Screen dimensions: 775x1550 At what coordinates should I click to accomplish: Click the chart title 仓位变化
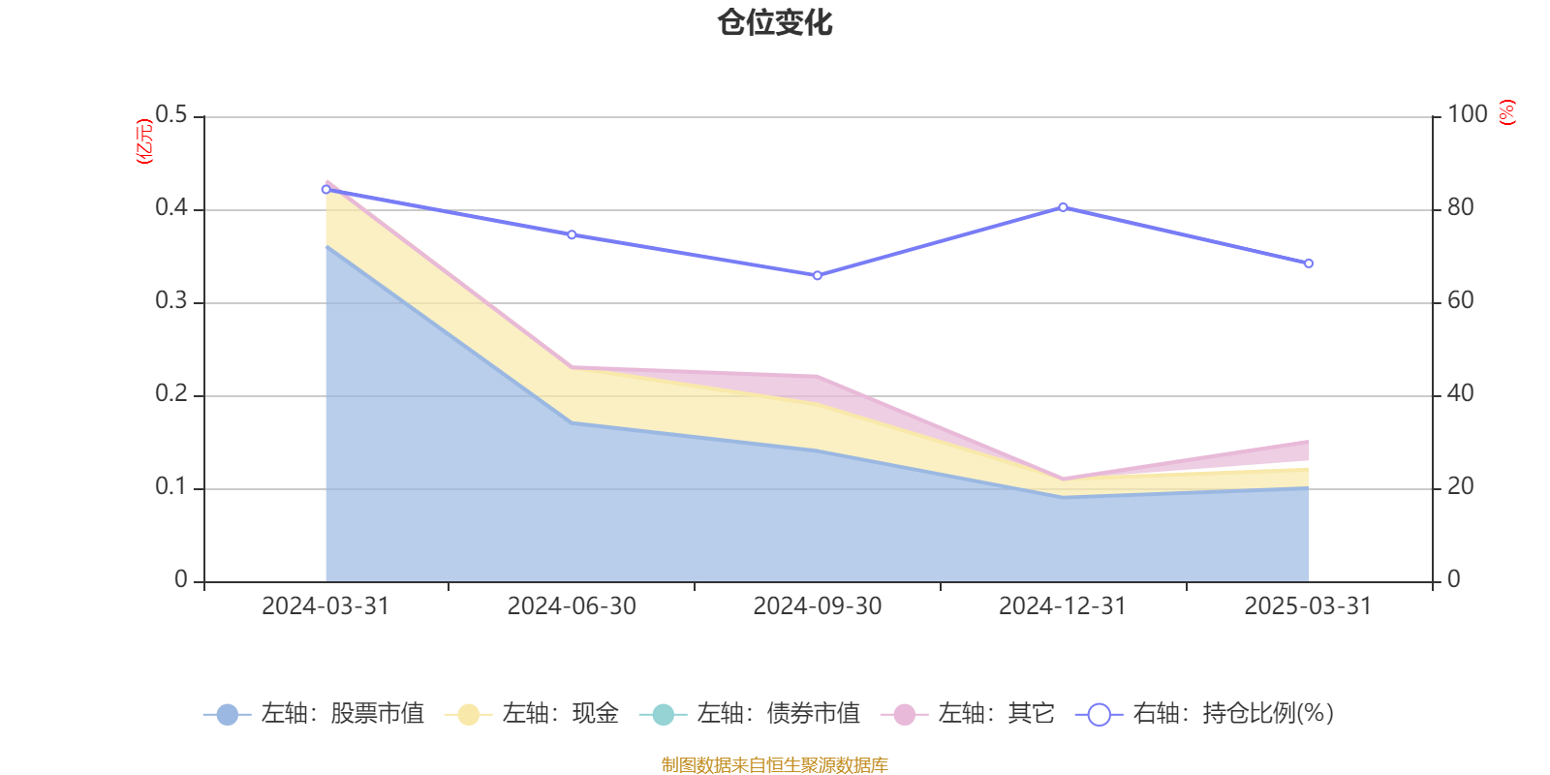(775, 22)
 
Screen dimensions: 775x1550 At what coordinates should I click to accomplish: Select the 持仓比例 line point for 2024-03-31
(325, 189)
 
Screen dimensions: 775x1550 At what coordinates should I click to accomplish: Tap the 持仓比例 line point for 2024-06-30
(572, 234)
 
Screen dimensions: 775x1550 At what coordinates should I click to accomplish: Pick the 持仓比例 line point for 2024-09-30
(818, 276)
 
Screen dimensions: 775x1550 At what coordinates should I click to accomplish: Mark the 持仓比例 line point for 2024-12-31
(1063, 207)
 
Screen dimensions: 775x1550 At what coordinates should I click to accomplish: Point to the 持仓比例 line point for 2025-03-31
(1309, 263)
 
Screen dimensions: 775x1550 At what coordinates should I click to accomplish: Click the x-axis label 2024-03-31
(325, 606)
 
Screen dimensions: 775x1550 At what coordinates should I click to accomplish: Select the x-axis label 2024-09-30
(818, 606)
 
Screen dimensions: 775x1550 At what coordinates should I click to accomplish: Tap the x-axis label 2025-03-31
(1308, 606)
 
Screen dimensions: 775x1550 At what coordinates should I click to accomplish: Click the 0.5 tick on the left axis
(171, 115)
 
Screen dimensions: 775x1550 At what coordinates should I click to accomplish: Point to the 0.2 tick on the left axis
(171, 393)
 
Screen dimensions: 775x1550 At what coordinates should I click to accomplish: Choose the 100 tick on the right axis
(1468, 114)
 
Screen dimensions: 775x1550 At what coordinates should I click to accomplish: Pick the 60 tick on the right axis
(1461, 300)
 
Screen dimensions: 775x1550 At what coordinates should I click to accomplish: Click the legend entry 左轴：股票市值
(314, 714)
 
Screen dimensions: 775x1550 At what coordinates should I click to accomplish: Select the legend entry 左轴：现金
(532, 714)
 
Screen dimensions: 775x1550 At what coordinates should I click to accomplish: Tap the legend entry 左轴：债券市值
(750, 714)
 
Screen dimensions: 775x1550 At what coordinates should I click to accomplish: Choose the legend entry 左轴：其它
(968, 714)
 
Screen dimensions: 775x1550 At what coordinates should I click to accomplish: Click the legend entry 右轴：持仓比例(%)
(1205, 714)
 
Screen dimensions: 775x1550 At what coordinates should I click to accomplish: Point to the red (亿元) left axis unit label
(144, 141)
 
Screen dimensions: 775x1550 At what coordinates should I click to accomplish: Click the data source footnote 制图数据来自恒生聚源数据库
(775, 765)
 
